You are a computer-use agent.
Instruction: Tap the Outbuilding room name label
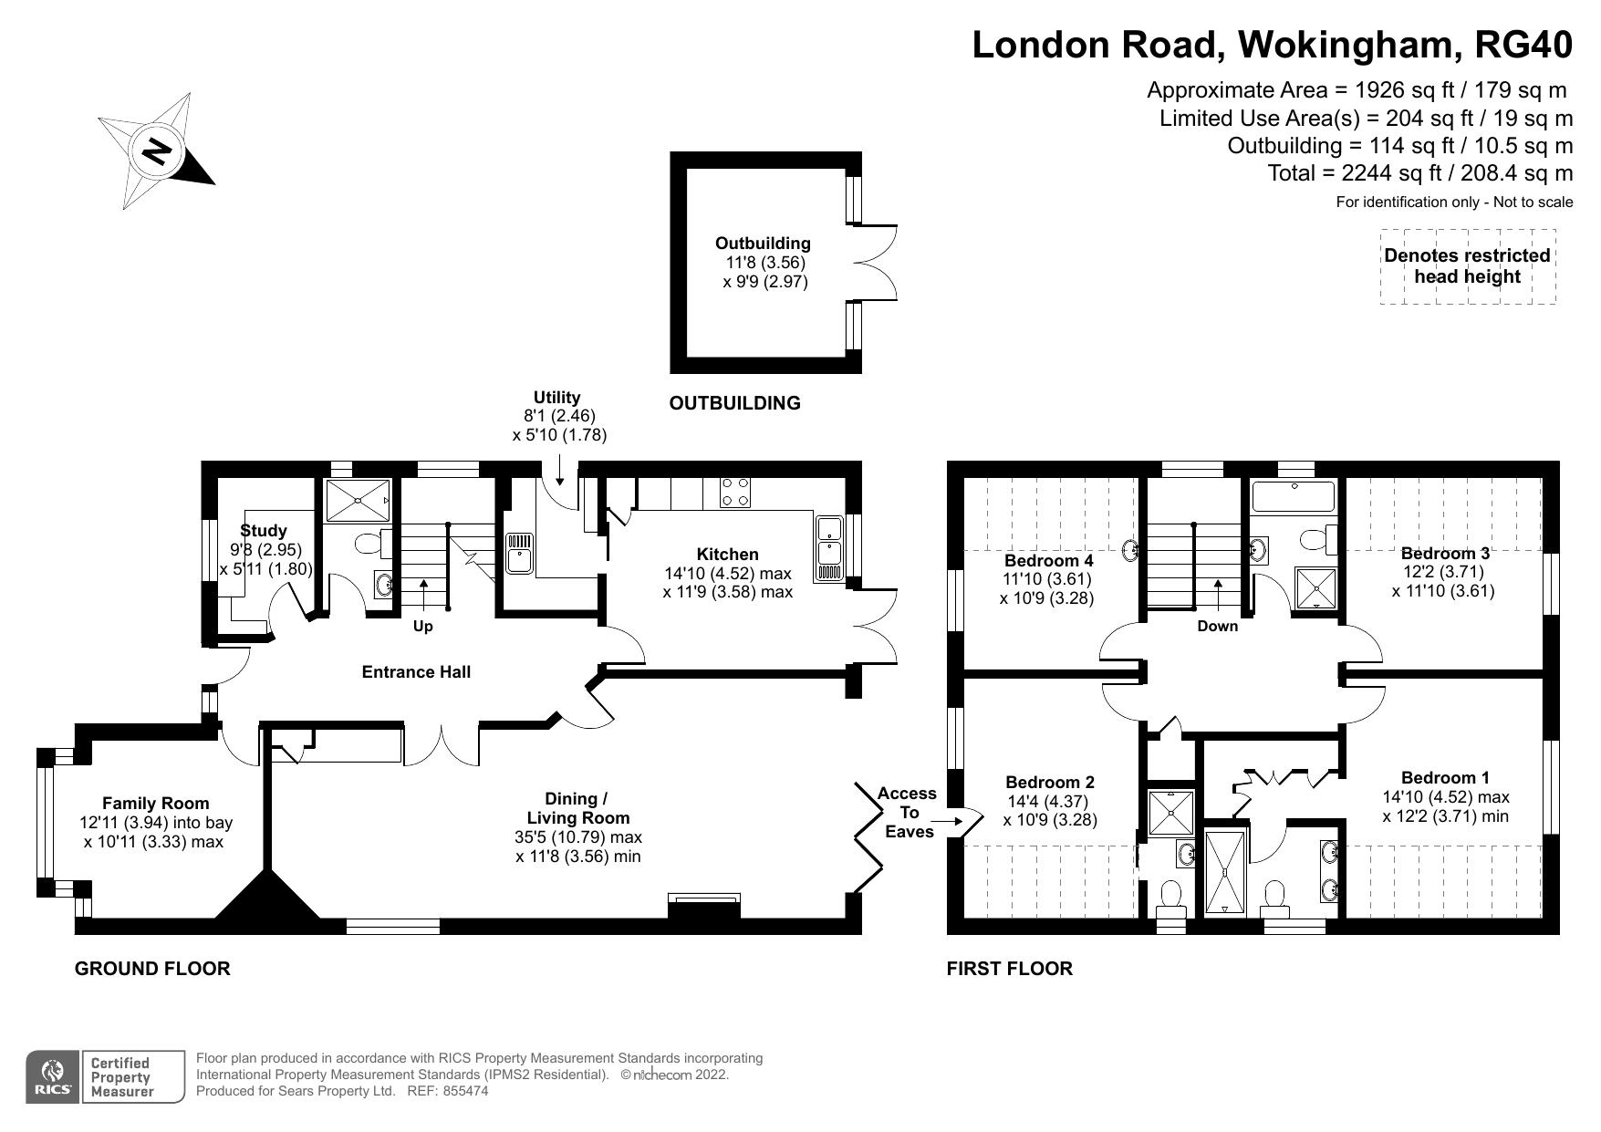pyautogui.click(x=762, y=244)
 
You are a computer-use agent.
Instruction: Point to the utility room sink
pyautogui.click(x=520, y=555)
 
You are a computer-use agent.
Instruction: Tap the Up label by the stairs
pyautogui.click(x=422, y=627)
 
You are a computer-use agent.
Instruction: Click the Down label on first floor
pyautogui.click(x=1217, y=626)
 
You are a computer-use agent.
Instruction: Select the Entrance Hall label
pyautogui.click(x=416, y=672)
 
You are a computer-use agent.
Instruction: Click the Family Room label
pyautogui.click(x=155, y=804)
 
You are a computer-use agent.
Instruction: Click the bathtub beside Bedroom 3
pyautogui.click(x=1292, y=497)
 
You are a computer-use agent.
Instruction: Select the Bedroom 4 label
pyautogui.click(x=1048, y=560)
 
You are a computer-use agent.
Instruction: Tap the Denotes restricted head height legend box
pyautogui.click(x=1467, y=266)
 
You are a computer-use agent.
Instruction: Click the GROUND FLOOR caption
pyautogui.click(x=152, y=969)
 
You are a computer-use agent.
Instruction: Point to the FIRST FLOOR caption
pyautogui.click(x=1009, y=969)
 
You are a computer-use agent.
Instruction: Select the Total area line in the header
pyautogui.click(x=1419, y=173)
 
